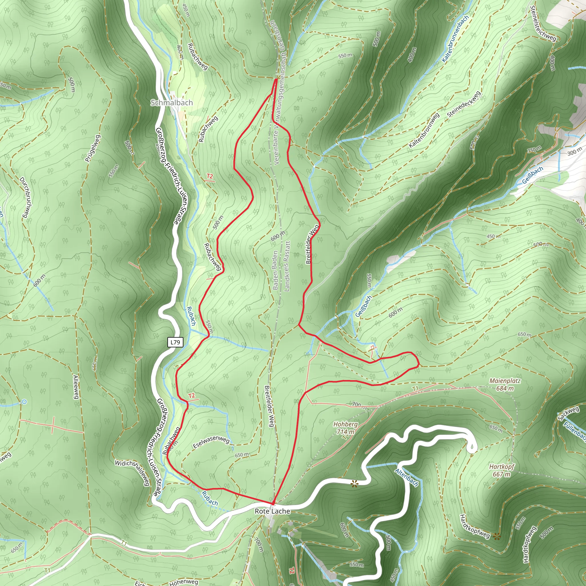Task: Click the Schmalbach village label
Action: pyautogui.click(x=172, y=102)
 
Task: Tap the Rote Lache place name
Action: pyautogui.click(x=272, y=511)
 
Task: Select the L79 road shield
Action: pyautogui.click(x=175, y=343)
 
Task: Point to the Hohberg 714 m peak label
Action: pyautogui.click(x=345, y=428)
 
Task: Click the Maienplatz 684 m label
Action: pyautogui.click(x=505, y=384)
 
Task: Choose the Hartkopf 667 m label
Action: pyautogui.click(x=501, y=470)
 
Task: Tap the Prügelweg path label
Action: pyautogui.click(x=93, y=148)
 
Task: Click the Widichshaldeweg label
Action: pyautogui.click(x=132, y=473)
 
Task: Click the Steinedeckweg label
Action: pyautogui.click(x=464, y=104)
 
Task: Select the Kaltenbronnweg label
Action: pyautogui.click(x=424, y=130)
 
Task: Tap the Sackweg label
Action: pyautogui.click(x=569, y=414)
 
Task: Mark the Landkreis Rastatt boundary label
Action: pyautogui.click(x=287, y=266)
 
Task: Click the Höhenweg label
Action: pyautogui.click(x=184, y=582)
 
